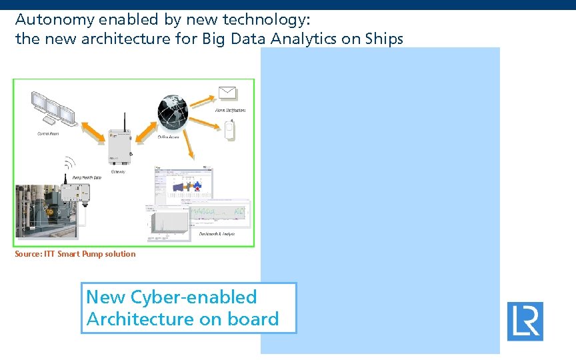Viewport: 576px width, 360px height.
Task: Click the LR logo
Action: point(525,321)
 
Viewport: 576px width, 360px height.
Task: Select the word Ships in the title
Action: point(383,39)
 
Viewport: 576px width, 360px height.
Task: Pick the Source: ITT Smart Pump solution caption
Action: point(75,254)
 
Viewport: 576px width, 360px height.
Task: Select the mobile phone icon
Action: point(230,129)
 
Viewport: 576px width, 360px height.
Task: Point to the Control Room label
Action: point(48,133)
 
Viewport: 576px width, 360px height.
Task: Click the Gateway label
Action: point(118,171)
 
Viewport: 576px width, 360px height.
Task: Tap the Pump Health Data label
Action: point(87,177)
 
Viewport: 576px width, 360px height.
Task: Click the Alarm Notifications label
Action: point(230,110)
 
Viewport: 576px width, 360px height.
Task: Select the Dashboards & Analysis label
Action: point(217,234)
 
